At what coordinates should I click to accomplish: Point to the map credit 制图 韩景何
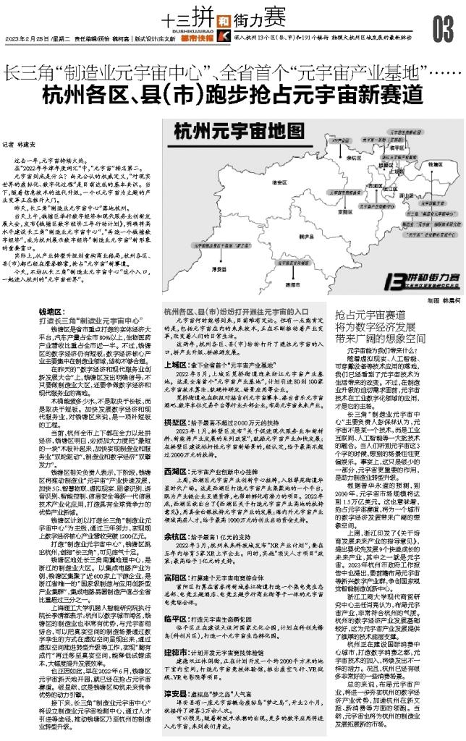[431, 298]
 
